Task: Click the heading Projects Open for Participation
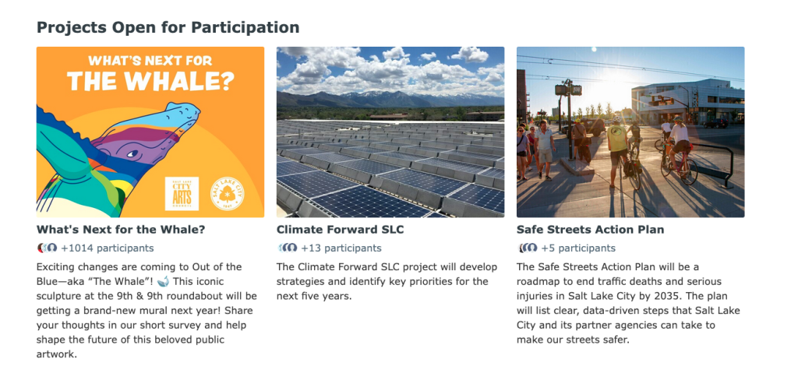[168, 27]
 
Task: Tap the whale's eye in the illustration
[132, 153]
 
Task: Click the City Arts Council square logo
[182, 193]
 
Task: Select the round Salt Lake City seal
[227, 194]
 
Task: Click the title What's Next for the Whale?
[121, 230]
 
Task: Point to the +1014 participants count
[108, 248]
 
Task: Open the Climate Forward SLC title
[340, 230]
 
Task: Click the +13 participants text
[341, 248]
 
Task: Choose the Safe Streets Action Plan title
[591, 230]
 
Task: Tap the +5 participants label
[578, 248]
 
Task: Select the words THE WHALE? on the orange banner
[150, 81]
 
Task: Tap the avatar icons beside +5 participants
[528, 248]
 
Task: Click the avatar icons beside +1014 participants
[48, 248]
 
